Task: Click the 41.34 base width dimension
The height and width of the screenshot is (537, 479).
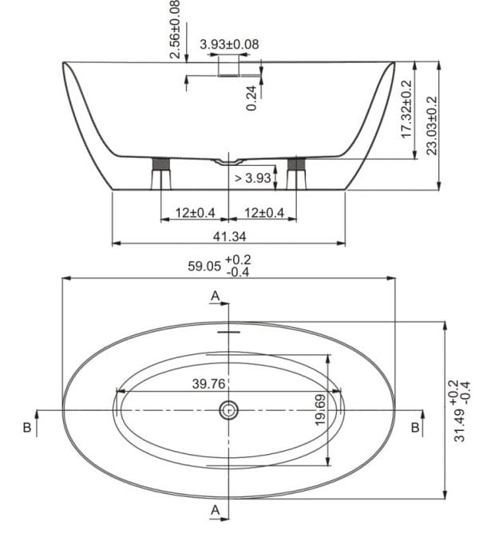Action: click(x=229, y=236)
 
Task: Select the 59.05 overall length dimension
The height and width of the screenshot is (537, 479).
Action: click(x=204, y=266)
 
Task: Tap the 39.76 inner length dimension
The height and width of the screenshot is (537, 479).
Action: click(x=208, y=384)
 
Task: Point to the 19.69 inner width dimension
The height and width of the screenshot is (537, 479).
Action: click(x=320, y=410)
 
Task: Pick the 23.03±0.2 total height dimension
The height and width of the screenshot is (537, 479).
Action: click(x=432, y=125)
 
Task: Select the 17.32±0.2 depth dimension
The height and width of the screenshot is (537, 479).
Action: click(x=406, y=109)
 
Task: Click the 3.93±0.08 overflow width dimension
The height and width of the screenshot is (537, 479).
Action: click(x=229, y=44)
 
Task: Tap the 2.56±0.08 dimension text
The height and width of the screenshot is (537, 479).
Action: click(x=175, y=30)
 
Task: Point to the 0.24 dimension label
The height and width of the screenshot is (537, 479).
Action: click(x=251, y=98)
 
